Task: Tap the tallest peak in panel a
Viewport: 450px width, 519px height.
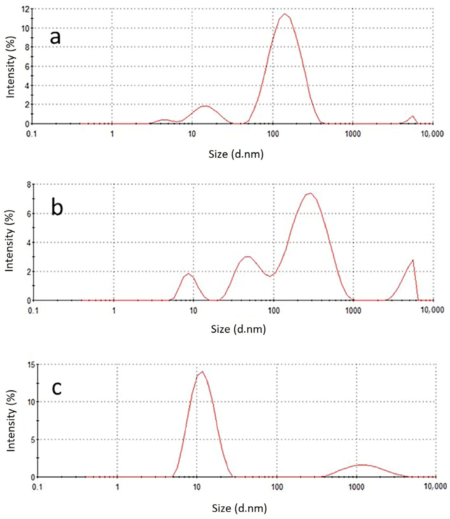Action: (285, 14)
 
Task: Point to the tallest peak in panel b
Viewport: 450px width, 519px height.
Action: (310, 193)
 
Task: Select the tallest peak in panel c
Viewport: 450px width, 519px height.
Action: (202, 372)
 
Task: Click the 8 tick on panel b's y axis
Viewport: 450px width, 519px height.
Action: (29, 184)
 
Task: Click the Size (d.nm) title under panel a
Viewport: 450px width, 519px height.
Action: (236, 154)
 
